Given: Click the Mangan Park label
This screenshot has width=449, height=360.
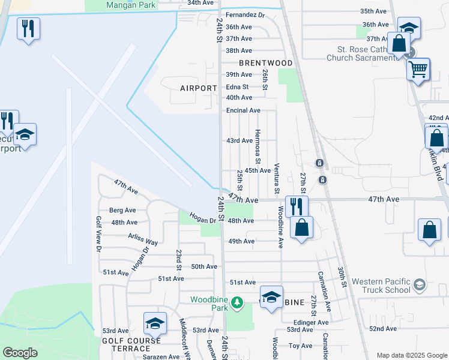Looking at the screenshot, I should click(x=130, y=5).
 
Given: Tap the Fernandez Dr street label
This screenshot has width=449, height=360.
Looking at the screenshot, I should click(x=246, y=15).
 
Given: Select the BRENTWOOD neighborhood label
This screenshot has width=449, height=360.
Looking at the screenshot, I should click(x=265, y=63).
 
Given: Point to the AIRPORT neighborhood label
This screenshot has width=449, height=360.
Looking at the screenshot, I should click(x=199, y=88).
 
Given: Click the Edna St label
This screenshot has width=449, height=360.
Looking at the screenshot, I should click(x=237, y=86).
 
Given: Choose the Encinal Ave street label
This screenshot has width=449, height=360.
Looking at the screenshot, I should click(x=243, y=110).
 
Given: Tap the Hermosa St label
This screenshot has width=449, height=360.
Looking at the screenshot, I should click(x=258, y=147).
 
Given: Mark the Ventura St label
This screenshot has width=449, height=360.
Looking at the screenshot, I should click(x=277, y=178).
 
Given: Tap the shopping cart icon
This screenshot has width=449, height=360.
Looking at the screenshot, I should click(x=418, y=68).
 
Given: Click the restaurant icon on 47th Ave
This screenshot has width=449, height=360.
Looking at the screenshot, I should click(x=297, y=206).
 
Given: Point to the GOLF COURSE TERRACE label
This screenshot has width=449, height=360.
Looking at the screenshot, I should click(x=131, y=344).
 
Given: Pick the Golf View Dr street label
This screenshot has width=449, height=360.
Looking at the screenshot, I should click(x=98, y=233).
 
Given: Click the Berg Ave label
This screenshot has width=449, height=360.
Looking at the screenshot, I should click(x=122, y=211).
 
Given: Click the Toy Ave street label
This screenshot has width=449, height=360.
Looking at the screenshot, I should click(x=301, y=346).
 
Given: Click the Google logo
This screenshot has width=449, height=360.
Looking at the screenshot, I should click(x=20, y=353).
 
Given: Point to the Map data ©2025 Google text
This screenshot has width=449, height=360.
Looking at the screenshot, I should click(x=411, y=355).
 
